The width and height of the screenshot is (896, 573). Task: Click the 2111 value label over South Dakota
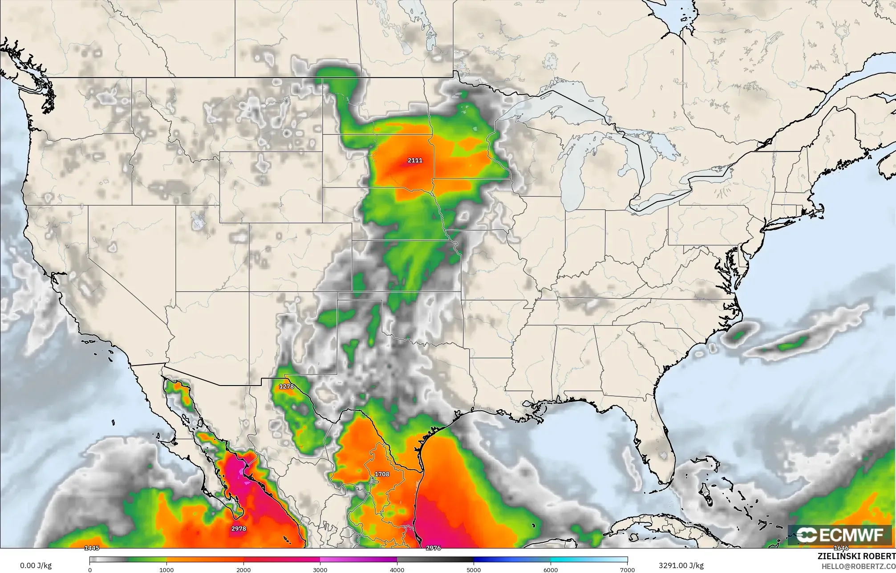click(x=415, y=160)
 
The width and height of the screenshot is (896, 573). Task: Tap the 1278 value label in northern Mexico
click(x=286, y=386)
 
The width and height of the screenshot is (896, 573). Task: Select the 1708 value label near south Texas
click(x=382, y=474)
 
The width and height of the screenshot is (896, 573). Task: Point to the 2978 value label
click(x=239, y=529)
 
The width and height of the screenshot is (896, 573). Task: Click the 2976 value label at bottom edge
click(x=433, y=548)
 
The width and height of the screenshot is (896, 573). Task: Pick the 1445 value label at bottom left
click(x=92, y=548)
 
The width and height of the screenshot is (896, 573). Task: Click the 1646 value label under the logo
click(x=841, y=548)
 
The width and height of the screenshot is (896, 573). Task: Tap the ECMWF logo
click(x=839, y=535)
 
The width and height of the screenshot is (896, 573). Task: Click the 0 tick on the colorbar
click(x=90, y=569)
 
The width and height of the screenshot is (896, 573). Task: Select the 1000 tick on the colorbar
click(x=166, y=569)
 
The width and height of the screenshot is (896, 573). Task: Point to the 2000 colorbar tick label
click(x=243, y=569)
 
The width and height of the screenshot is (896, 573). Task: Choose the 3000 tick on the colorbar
click(x=320, y=569)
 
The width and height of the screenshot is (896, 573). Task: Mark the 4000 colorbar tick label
click(x=397, y=569)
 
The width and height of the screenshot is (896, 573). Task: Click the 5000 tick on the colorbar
click(x=474, y=569)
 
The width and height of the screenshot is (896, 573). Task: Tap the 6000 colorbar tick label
click(x=551, y=569)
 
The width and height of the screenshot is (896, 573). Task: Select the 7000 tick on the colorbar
click(x=627, y=569)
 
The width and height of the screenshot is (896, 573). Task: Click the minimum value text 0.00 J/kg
click(x=36, y=565)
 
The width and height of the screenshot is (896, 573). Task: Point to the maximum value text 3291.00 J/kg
click(x=681, y=565)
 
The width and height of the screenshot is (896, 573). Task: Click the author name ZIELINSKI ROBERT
click(x=856, y=556)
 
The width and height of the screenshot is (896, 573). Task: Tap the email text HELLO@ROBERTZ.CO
click(x=858, y=566)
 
